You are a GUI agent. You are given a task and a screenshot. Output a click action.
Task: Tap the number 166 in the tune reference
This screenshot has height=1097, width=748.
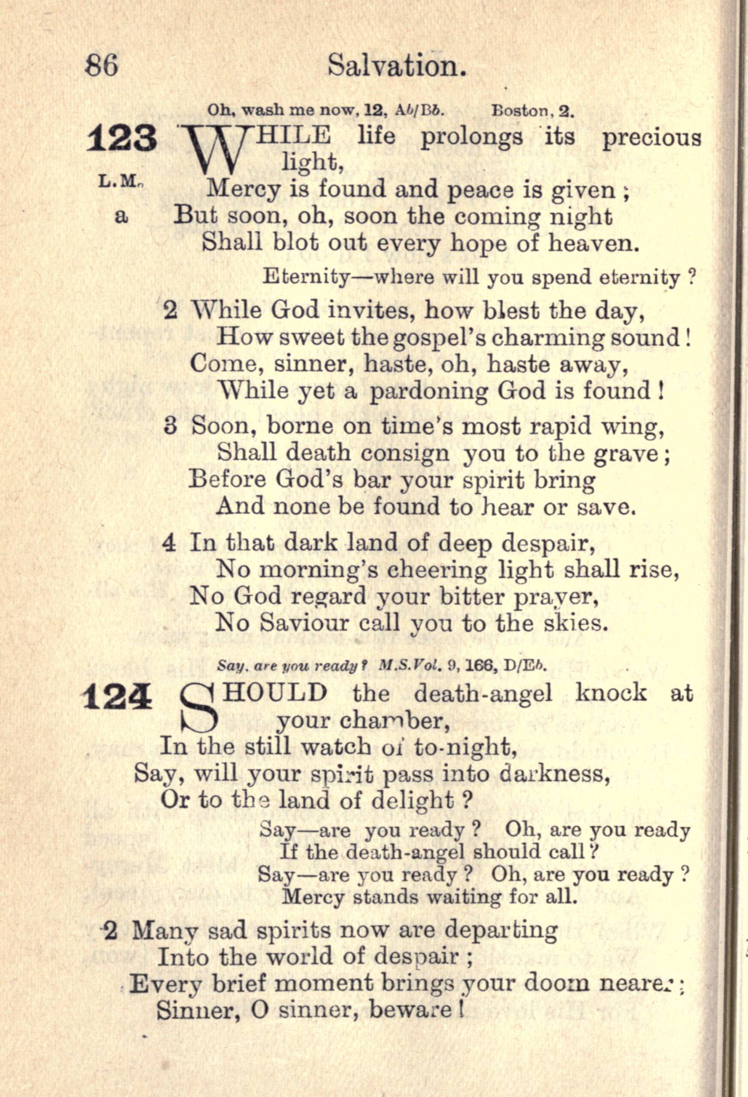coord(482,666)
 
